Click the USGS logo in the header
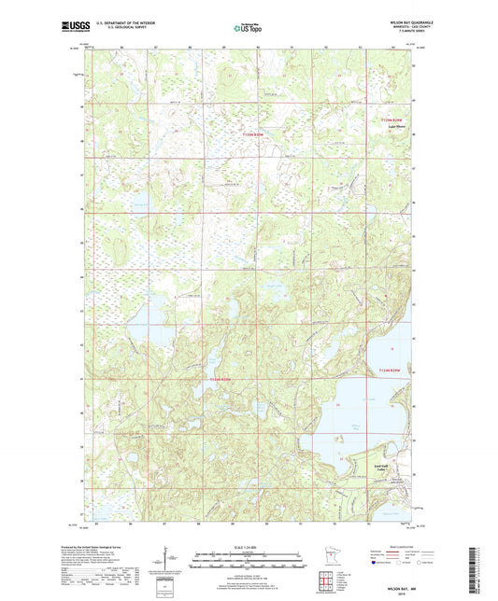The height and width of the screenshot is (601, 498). tap(68, 27)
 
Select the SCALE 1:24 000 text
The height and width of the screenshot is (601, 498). tap(248, 547)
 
